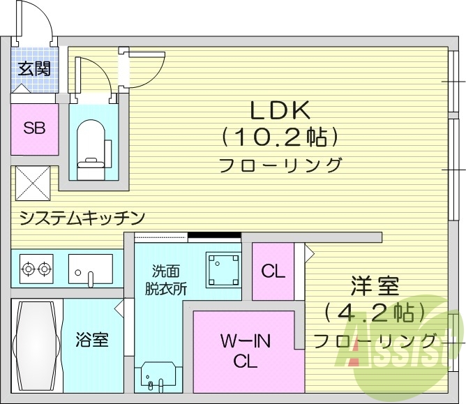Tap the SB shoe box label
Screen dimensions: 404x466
pyautogui.click(x=33, y=128)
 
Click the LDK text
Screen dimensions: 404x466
pyautogui.click(x=280, y=110)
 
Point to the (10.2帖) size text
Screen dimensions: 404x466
pyautogui.click(x=280, y=137)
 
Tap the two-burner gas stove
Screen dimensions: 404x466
pyautogui.click(x=37, y=267)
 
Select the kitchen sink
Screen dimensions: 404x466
pyautogui.click(x=90, y=269)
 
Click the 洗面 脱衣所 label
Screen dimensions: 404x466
pyautogui.click(x=167, y=279)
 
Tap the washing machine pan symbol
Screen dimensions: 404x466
pyautogui.click(x=223, y=269)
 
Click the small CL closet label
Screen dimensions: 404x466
pyautogui.click(x=273, y=271)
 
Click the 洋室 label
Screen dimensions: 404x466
pyautogui.click(x=374, y=286)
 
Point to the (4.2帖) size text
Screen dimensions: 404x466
pyautogui.click(x=375, y=311)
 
